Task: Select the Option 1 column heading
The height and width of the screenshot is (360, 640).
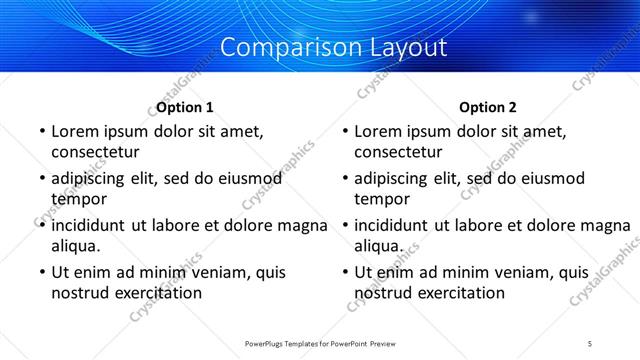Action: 184,107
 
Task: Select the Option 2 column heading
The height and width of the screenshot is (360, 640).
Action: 488,107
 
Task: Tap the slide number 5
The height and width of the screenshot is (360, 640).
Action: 590,344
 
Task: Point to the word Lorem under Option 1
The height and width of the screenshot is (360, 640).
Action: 74,131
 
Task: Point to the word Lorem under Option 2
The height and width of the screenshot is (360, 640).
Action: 378,131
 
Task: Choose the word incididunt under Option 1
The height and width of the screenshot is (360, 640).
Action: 92,225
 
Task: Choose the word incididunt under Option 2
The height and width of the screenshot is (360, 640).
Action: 396,225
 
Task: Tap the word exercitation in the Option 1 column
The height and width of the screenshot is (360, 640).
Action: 158,293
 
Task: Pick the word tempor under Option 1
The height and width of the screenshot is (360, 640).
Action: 76,198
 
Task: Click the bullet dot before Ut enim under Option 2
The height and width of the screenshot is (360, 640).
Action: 344,272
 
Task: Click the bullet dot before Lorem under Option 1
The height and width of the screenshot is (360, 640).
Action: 40,132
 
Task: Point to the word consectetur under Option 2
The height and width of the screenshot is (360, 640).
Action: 398,152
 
